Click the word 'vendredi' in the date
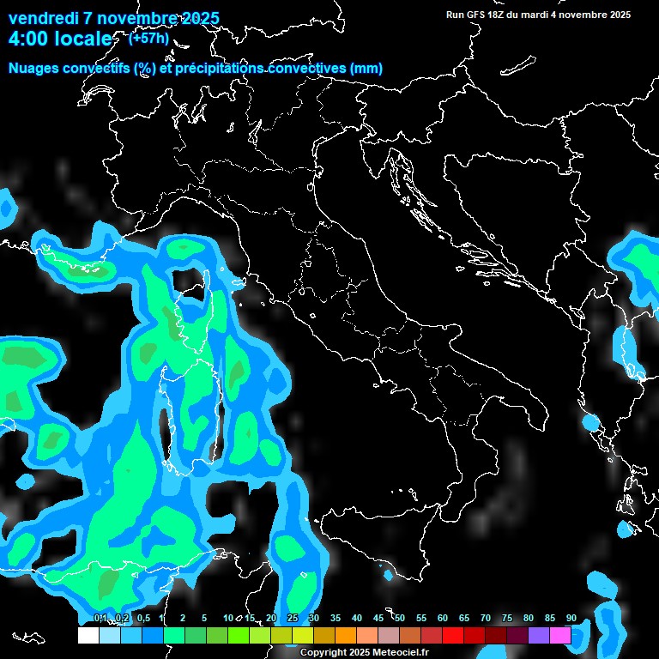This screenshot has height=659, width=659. (x=42, y=18)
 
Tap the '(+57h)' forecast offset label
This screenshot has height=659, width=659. (x=148, y=38)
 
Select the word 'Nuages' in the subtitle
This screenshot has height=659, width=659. (x=33, y=68)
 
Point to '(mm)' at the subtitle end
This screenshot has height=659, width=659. (x=366, y=68)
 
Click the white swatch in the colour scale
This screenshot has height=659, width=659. (x=88, y=635)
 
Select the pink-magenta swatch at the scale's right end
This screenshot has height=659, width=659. (x=560, y=635)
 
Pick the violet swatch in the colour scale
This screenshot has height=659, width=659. (x=539, y=635)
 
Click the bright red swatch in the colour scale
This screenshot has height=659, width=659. (x=453, y=635)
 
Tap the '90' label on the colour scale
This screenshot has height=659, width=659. (x=571, y=618)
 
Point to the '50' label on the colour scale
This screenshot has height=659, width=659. (x=400, y=618)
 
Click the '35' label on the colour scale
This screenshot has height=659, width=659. (x=336, y=618)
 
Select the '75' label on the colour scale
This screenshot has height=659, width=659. (x=506, y=618)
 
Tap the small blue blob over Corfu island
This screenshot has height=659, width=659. (x=589, y=421)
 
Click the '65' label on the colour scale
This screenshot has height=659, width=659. (x=463, y=618)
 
